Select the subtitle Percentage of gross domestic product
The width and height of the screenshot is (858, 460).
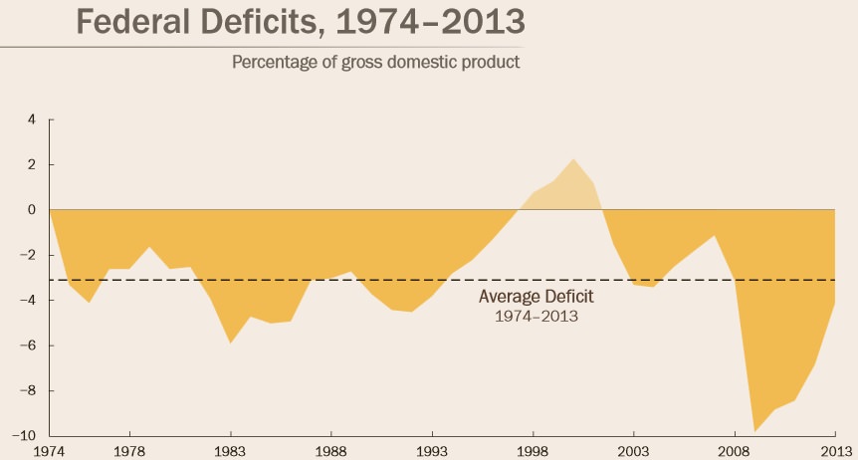coord(376,63)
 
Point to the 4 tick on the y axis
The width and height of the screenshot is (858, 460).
coord(32,119)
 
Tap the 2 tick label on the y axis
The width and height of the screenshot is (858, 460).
coord(32,164)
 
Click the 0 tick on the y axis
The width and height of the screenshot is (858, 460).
coord(32,210)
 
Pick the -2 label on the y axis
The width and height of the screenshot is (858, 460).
coord(30,256)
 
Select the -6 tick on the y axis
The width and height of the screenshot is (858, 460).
coord(30,346)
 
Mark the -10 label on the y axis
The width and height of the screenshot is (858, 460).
coord(27,436)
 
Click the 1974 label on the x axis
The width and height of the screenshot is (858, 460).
coord(49,450)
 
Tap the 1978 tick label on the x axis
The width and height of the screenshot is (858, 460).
coord(129,450)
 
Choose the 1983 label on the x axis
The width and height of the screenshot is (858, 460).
coord(230,450)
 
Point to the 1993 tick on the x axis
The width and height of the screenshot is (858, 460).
coord(432,450)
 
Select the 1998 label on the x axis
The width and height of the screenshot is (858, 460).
coord(533,450)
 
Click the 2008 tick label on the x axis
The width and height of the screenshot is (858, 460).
coord(735,450)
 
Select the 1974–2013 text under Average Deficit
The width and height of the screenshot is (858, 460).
coord(536,317)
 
